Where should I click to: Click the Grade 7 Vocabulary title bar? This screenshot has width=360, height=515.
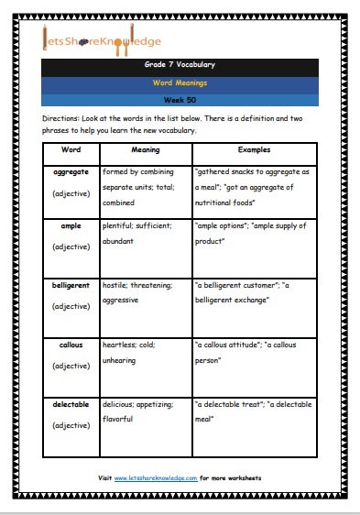pos(180,67)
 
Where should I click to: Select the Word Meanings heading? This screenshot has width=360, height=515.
pos(180,82)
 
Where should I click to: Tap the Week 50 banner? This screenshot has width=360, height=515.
pos(180,98)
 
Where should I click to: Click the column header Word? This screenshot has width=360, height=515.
pos(71,148)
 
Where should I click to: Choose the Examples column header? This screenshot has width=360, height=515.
pos(253,148)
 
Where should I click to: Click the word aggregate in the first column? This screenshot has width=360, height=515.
pos(71,172)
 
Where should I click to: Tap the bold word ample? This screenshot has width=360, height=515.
pos(71,225)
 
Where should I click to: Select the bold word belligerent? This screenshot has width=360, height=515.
pos(71,285)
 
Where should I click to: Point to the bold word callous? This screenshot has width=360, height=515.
pos(71,346)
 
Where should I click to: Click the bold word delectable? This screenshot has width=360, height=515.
pos(71,405)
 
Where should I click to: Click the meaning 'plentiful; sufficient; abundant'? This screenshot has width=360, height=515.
pos(141,233)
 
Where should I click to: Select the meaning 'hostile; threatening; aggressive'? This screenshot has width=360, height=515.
pos(141,293)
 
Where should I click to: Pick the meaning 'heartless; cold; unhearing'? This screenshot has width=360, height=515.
pos(141,355)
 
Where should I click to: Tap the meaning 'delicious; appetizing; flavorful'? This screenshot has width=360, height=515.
pos(141,412)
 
